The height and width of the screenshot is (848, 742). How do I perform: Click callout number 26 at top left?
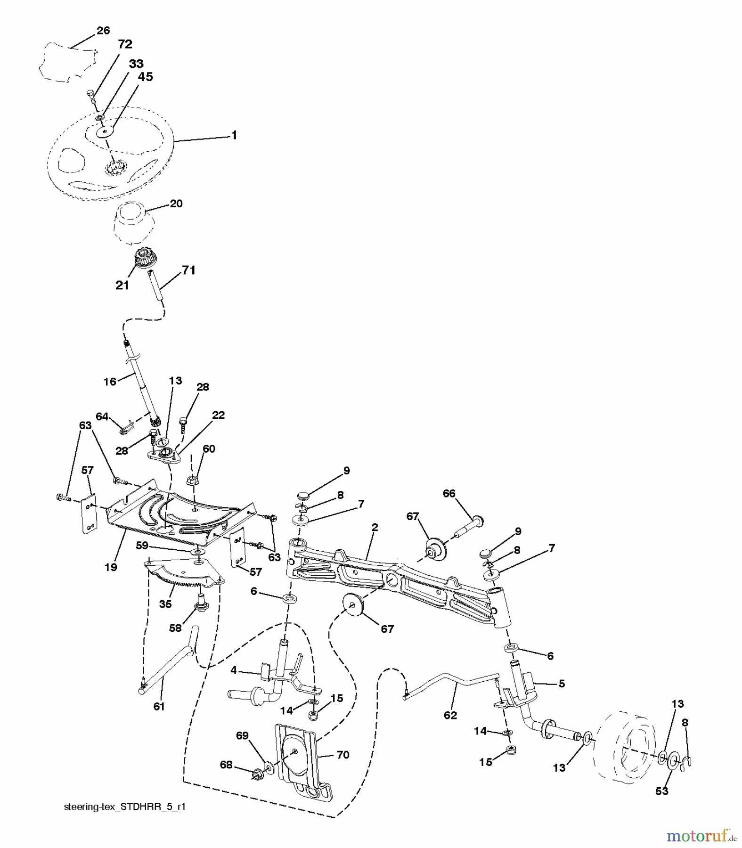click(103, 31)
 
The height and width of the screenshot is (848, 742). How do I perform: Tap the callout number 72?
click(125, 44)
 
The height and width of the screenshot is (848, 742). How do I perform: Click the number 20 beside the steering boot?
click(176, 204)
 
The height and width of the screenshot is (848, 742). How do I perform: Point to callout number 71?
click(188, 270)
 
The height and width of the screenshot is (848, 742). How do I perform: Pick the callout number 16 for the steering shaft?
click(110, 381)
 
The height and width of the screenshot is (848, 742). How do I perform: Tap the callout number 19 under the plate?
click(111, 567)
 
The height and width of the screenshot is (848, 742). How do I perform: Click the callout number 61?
click(159, 706)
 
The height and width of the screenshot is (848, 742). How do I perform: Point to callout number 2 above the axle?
click(375, 527)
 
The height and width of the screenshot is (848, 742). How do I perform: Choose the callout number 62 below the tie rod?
click(450, 715)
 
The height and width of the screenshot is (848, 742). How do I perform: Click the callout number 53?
click(662, 791)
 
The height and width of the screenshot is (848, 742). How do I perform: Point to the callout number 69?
click(242, 735)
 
